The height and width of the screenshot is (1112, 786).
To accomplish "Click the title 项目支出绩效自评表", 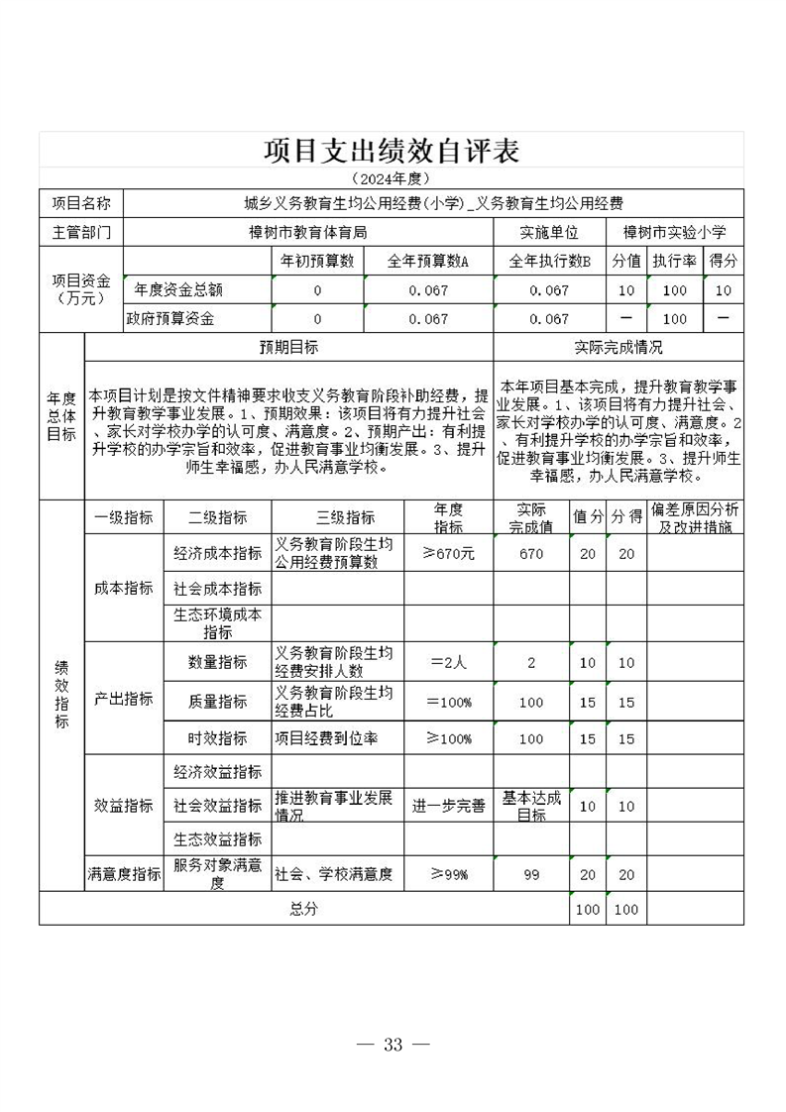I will [392, 151].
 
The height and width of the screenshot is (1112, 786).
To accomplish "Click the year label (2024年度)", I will [392, 178].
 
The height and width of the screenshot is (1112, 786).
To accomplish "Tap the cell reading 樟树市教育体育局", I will [308, 232].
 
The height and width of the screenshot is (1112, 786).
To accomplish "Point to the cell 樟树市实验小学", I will [674, 232].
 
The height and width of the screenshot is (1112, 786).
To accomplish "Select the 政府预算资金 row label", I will [169, 318].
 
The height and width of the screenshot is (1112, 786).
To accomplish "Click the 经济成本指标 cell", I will [217, 553].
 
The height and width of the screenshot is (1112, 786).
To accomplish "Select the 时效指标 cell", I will [217, 738].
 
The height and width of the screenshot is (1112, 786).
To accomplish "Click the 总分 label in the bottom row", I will [303, 909].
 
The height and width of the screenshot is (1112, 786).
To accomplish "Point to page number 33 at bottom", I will [393, 1045].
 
